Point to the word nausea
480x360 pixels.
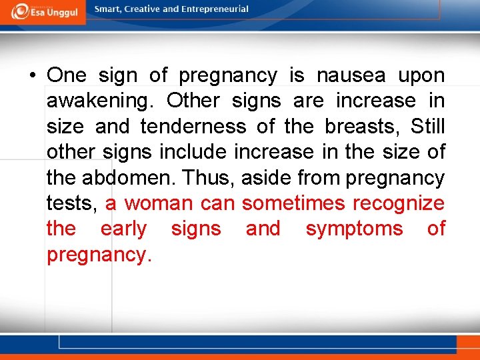pos(351,75)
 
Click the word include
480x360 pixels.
pos(195,152)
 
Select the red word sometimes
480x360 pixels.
pos(293,203)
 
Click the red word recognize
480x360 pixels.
pos(398,203)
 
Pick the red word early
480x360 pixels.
pos(123,229)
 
